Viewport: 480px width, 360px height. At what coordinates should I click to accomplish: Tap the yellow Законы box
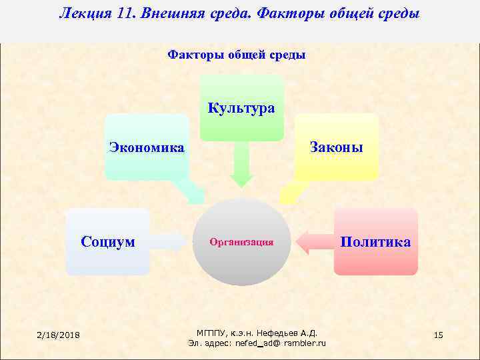click(x=336, y=147)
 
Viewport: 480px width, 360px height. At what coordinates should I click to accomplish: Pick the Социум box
click(x=107, y=241)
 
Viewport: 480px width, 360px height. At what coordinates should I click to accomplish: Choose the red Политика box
click(x=375, y=241)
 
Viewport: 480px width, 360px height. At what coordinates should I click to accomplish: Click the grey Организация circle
click(x=241, y=242)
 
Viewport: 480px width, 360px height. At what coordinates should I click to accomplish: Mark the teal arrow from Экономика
click(x=192, y=192)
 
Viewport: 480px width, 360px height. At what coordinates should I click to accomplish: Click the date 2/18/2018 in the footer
click(x=58, y=334)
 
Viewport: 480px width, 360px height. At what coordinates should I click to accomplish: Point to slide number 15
click(x=438, y=334)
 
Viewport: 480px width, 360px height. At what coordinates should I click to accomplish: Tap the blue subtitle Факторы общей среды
click(x=236, y=55)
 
